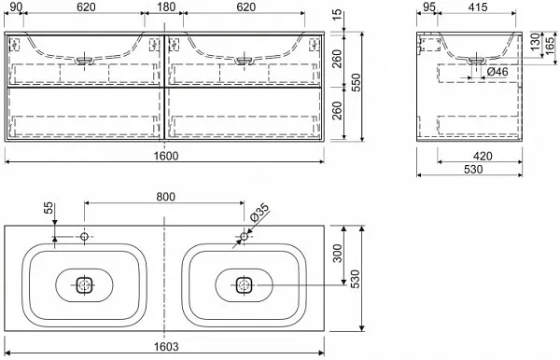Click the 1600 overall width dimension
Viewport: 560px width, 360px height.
pos(166,156)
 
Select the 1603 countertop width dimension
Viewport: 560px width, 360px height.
pos(166,346)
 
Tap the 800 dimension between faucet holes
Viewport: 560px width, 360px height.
pos(166,197)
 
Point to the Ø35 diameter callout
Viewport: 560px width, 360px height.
pos(259,213)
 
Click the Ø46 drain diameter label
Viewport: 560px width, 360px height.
pos(497,72)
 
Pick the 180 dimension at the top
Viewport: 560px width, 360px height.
pos(166,7)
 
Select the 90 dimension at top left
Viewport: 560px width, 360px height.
pos(14,7)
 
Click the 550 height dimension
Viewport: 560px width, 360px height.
pos(357,83)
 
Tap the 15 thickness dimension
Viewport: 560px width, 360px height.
pos(337,16)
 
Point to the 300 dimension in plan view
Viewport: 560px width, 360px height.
pos(337,253)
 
